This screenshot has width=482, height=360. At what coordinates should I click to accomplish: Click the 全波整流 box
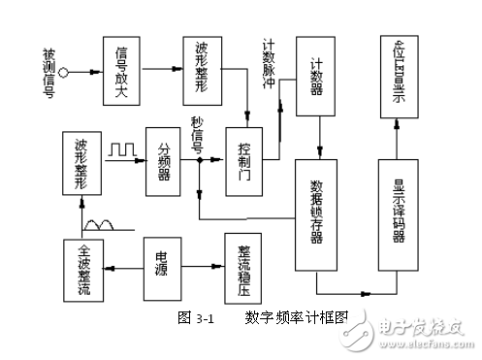click(x=83, y=261)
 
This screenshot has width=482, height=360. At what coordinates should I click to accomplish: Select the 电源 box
click(x=165, y=260)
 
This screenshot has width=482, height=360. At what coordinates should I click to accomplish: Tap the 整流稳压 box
click(x=243, y=259)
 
